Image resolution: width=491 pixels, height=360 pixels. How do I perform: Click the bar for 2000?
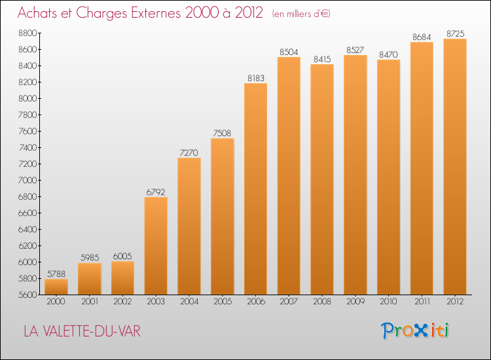click(56, 287)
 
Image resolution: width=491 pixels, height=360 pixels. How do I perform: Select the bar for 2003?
click(156, 245)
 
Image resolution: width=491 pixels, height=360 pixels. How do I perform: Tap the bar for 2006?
click(255, 189)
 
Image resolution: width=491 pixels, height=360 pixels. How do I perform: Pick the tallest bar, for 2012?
click(455, 166)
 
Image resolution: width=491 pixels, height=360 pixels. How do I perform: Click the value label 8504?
click(289, 52)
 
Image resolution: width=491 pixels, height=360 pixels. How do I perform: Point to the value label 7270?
click(189, 153)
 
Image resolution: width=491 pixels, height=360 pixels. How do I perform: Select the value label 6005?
click(122, 257)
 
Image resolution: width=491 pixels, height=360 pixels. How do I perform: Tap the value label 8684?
click(422, 37)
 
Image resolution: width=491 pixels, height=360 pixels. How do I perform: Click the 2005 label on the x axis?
click(223, 302)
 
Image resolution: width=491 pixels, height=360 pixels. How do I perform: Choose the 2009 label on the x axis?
click(355, 302)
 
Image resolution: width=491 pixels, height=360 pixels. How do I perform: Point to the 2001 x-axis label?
click(90, 302)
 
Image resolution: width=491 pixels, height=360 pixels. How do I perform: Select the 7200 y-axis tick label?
click(28, 164)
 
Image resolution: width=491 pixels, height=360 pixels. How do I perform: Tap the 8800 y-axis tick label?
click(28, 33)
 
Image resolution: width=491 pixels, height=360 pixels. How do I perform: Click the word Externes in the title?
click(156, 13)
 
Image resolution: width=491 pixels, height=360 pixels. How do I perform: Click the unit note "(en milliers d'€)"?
click(301, 14)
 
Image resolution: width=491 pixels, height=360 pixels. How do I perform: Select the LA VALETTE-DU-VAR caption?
click(82, 331)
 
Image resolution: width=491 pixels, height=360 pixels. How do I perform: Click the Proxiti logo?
click(415, 331)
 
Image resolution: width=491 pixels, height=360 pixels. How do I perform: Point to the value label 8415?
click(322, 60)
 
